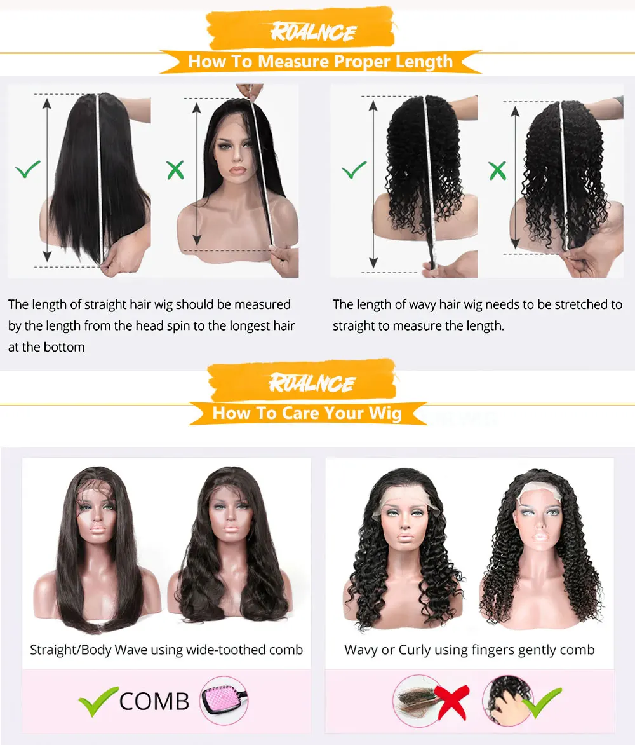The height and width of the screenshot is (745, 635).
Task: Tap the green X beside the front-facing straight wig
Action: [x=175, y=170]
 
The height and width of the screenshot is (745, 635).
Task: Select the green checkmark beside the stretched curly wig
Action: [x=354, y=170]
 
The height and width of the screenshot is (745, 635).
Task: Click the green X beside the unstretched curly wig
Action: [x=497, y=170]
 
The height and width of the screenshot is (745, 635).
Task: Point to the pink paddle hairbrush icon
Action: [x=224, y=701]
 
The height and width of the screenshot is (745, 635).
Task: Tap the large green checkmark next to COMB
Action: [x=98, y=701]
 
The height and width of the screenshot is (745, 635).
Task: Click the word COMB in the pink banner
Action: [x=154, y=701]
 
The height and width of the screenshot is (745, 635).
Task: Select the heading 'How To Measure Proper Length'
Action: [x=320, y=62]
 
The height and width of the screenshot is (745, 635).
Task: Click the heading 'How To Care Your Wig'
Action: [x=307, y=413]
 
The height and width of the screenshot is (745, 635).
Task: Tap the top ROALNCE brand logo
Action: [x=313, y=32]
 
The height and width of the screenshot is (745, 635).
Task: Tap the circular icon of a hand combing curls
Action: [x=507, y=701]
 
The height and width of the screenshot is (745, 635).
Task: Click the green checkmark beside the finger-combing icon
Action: [x=544, y=702]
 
